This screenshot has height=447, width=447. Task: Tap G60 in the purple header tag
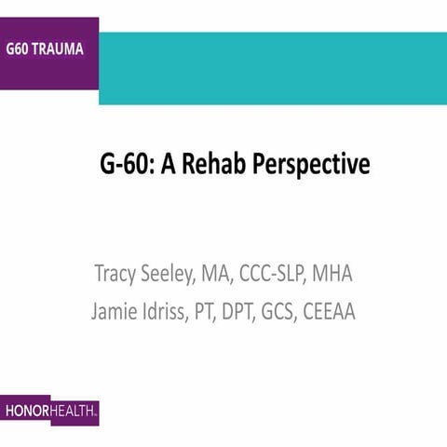21,48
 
